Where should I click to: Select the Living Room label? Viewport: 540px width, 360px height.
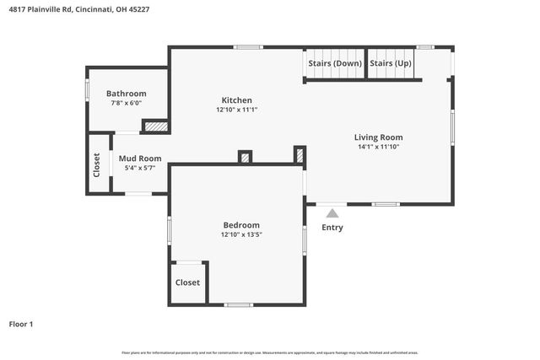click(x=378, y=137)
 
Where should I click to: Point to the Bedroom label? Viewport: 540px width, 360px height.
click(x=241, y=225)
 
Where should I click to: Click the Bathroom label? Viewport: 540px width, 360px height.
click(x=127, y=94)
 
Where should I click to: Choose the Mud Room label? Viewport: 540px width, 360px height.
click(x=140, y=159)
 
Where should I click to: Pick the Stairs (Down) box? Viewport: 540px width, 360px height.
click(x=334, y=63)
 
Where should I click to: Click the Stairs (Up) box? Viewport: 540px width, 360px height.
click(x=391, y=63)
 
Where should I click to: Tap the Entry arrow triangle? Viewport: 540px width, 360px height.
click(x=332, y=212)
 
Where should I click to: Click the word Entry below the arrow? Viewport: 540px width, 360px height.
click(x=332, y=228)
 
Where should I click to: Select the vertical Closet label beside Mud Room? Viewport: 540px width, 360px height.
click(x=97, y=165)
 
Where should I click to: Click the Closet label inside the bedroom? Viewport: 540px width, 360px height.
click(x=187, y=282)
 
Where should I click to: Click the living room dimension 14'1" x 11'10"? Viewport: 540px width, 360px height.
click(x=378, y=147)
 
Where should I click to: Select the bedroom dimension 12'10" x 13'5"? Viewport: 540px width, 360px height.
click(x=241, y=235)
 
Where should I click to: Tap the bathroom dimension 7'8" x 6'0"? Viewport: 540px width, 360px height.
click(x=127, y=103)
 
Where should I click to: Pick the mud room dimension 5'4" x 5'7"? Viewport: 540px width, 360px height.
click(x=140, y=168)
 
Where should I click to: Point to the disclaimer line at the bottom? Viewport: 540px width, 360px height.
click(x=270, y=352)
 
